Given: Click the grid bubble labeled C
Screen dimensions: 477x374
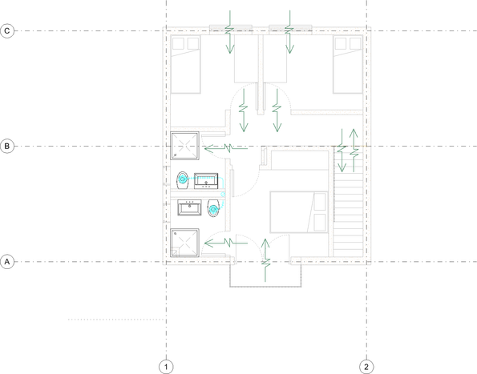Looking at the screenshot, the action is pos(7,31).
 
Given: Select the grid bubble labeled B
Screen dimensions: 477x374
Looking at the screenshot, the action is pos(7,146).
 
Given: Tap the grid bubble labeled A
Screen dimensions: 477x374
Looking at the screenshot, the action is pos(7,262).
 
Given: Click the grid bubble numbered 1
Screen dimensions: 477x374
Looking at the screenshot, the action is pos(166,367).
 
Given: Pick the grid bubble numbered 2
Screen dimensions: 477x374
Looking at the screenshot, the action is pos(366,367).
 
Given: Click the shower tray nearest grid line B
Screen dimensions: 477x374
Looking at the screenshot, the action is pos(184,146).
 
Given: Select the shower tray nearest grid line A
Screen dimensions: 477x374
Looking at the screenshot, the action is pos(184,243).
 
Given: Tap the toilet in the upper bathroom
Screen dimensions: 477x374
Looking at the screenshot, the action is pos(183,181).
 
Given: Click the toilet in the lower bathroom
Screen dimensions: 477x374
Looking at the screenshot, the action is pos(213,208).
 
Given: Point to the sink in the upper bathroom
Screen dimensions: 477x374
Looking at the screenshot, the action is pos(206,181).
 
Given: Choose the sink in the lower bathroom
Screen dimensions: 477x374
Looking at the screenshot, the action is pos(189,207).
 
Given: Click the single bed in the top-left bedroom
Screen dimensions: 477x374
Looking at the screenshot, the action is pos(185,64).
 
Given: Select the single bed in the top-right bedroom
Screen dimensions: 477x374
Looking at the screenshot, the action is pos(348,64).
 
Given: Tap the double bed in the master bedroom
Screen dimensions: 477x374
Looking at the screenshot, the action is pos(299,212).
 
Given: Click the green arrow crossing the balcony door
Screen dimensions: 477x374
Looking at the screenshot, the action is pos(265,260).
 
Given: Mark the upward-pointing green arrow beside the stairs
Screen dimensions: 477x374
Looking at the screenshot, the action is pos(354,151).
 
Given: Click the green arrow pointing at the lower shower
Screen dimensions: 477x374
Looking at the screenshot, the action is pos(226,243).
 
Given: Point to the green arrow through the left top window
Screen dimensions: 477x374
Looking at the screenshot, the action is pos(229,32).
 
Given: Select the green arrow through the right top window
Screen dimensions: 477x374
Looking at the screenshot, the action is pos(289,32).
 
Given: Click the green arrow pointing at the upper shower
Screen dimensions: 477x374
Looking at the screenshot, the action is pos(226,149).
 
